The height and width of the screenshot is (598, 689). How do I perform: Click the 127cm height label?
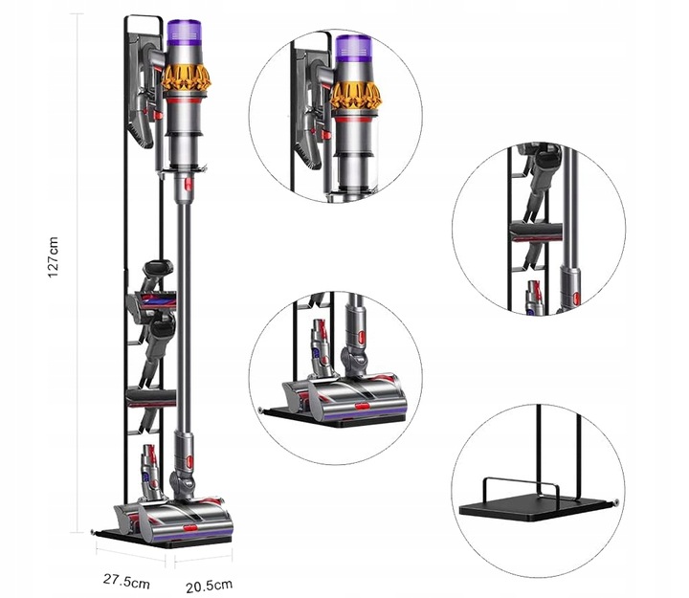[x=54, y=257]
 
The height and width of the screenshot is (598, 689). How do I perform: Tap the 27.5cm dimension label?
[x=126, y=581]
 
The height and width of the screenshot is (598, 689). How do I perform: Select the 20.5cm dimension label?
[x=209, y=586]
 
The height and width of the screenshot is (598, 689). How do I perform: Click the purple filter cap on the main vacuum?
[x=185, y=33]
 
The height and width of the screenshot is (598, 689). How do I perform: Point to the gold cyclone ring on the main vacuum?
[x=187, y=79]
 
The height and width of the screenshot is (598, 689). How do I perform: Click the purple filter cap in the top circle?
[x=354, y=49]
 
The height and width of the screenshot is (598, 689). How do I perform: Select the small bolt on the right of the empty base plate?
[x=616, y=500]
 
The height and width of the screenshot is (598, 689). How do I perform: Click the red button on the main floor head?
[x=189, y=528]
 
